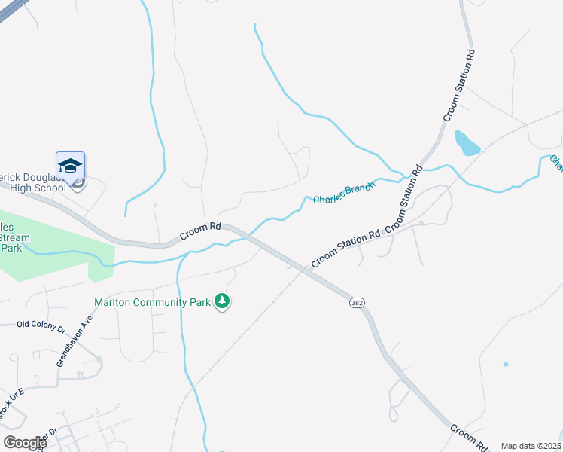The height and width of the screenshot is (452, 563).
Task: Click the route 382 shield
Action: (x=357, y=302)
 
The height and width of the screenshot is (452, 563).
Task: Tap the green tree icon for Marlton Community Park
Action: (x=222, y=301)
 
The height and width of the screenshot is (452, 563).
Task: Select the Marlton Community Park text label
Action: (x=153, y=302)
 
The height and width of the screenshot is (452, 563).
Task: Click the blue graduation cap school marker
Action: (x=70, y=166)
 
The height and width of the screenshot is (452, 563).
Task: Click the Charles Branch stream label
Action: (x=343, y=194)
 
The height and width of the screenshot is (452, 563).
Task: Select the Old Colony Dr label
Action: (x=41, y=326)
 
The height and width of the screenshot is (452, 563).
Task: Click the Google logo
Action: (x=24, y=442)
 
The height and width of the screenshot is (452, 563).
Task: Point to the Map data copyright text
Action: (x=531, y=446)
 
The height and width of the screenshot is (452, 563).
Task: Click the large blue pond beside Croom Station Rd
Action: (x=467, y=142)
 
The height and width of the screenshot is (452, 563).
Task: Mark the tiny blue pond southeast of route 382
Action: (x=505, y=365)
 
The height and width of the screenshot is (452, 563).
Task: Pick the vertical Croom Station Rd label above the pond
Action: (x=458, y=85)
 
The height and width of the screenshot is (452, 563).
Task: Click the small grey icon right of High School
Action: (x=78, y=182)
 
